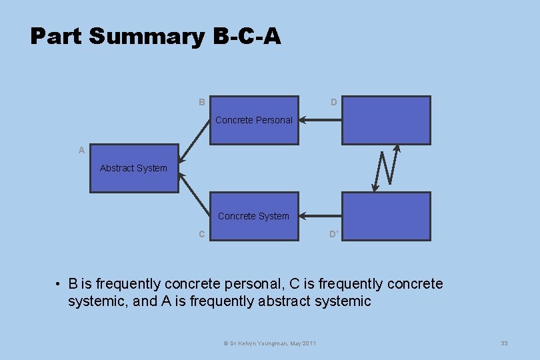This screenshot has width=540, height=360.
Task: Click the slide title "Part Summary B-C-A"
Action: (155, 36)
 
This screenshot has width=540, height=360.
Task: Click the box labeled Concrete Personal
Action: (254, 120)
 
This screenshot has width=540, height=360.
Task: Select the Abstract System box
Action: (134, 168)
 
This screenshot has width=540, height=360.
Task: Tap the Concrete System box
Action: (254, 216)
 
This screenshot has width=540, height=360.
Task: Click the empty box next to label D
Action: (386, 120)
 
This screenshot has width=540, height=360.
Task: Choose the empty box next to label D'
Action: (386, 216)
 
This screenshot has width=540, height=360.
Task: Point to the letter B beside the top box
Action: (201, 102)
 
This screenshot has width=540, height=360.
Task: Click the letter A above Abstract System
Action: (81, 150)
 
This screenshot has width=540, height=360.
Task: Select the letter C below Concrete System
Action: (201, 234)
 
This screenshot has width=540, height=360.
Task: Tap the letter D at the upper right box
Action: (333, 102)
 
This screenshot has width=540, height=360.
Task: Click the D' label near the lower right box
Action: (333, 234)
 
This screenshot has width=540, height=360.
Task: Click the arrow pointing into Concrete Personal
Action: (320, 120)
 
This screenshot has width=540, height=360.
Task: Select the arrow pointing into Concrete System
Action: (320, 216)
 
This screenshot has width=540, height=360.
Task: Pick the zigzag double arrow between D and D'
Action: (387, 168)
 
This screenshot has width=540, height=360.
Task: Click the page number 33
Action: (504, 343)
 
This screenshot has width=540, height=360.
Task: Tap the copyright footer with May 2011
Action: (269, 343)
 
